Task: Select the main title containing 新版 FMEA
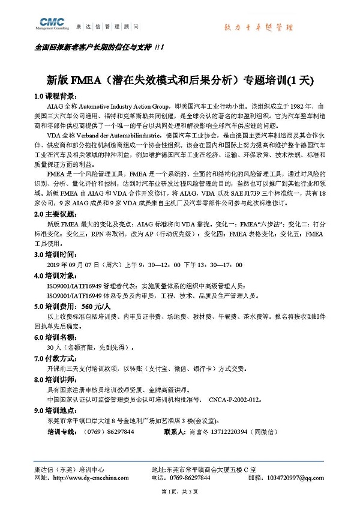coord(181,79)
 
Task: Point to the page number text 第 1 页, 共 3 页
coord(180,492)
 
